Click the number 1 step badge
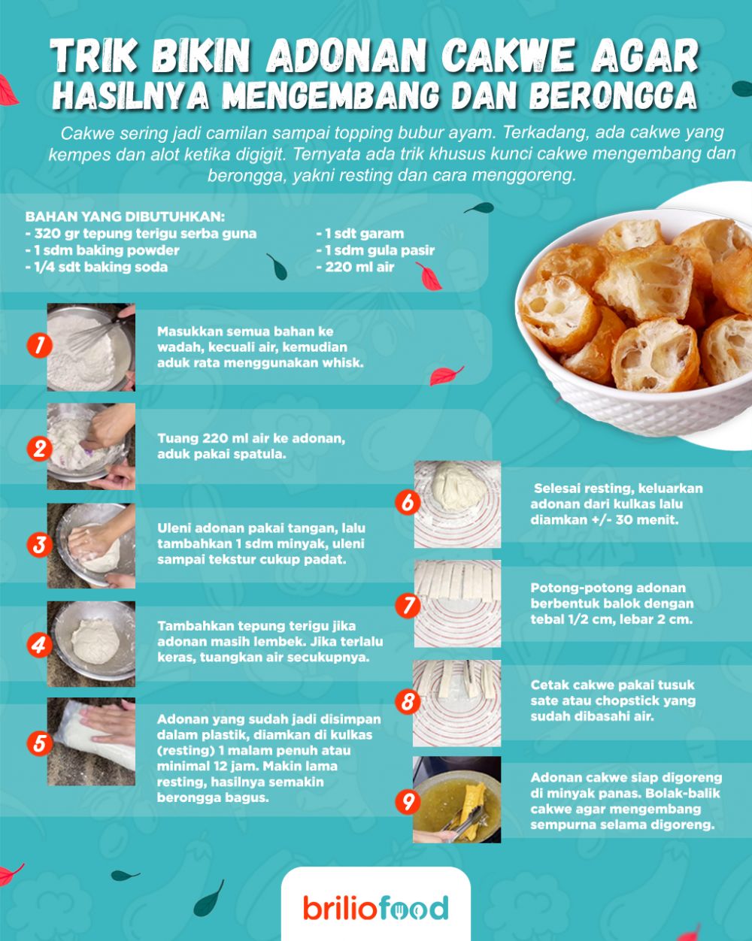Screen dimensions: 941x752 coord(38,346)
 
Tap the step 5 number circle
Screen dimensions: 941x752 coord(38,743)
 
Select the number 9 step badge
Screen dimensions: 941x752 coord(407,802)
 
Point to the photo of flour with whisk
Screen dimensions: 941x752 coord(91,347)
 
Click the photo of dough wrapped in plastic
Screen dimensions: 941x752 coord(91,741)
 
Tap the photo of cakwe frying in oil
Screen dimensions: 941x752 coord(456,800)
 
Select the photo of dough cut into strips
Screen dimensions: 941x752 coord(457,604)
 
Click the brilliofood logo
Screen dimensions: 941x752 coord(376,908)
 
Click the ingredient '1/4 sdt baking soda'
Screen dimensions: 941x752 coord(96,267)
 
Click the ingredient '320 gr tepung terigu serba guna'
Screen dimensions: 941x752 coord(141,234)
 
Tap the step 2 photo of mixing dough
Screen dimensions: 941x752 coord(91,446)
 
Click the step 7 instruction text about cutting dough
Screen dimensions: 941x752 coord(611,604)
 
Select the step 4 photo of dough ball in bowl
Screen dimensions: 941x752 coord(91,643)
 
